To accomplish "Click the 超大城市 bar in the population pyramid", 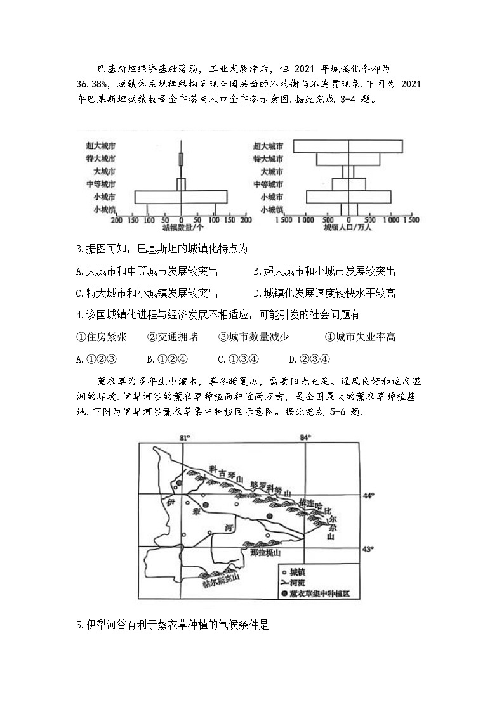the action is click(x=347, y=146).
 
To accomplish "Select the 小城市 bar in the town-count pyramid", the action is click(x=181, y=197).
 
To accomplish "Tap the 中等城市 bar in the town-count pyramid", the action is click(x=181, y=184).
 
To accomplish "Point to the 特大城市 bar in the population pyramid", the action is click(x=347, y=159).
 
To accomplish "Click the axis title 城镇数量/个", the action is click(x=182, y=228).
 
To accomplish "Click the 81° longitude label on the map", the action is click(x=185, y=438).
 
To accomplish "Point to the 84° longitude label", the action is click(x=307, y=438).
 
